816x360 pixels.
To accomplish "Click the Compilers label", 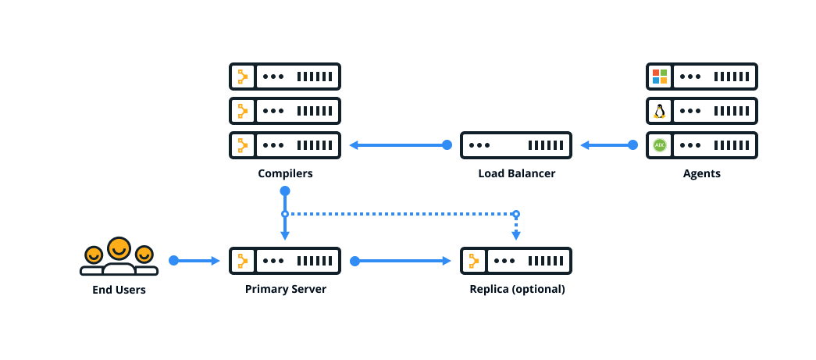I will coord(285,173).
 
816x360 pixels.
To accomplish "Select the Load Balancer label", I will coord(516,173).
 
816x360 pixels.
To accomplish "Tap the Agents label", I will coord(701,173).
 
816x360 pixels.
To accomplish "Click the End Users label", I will coord(119,290).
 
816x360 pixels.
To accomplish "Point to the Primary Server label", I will coord(285,289).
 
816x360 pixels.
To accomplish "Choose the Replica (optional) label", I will coord(516,289).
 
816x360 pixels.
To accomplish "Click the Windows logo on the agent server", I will coord(660,77).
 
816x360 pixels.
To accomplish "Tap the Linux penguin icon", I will coord(660,111).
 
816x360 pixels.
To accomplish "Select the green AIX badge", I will coord(660,145).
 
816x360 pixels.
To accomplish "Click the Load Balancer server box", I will coord(516,145).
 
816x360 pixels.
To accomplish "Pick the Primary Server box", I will coord(285,261).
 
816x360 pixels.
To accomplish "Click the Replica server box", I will coord(516,261).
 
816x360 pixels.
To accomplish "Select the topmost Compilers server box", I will coord(285,77).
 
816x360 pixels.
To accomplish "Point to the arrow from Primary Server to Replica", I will coord(403,261).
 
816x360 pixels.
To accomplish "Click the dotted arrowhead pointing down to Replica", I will coord(516,235).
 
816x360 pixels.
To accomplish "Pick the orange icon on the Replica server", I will coord(473,261).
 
